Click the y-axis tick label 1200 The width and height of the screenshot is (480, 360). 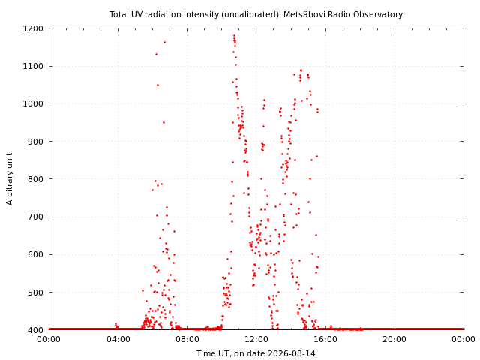[33, 28]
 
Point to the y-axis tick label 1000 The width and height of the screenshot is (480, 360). [33, 103]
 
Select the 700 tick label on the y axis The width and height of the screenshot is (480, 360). [35, 217]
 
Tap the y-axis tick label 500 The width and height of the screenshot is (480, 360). [35, 292]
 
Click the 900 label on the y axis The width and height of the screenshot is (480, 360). [35, 142]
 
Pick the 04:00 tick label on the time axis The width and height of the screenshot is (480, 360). [118, 339]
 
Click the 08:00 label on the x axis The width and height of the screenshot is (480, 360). [187, 339]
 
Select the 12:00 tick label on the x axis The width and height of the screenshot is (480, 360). [256, 339]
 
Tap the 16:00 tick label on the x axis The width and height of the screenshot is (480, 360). [325, 339]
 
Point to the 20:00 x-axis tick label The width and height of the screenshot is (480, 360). [394, 339]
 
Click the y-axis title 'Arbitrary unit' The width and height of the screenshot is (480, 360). [10, 179]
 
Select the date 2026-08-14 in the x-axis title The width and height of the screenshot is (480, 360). [292, 353]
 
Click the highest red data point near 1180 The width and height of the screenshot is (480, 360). [234, 36]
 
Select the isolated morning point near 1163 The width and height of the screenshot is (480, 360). [164, 42]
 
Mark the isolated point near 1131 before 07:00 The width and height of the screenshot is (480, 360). [156, 55]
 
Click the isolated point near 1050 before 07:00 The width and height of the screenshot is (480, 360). [157, 85]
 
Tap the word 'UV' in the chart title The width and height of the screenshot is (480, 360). [138, 14]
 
